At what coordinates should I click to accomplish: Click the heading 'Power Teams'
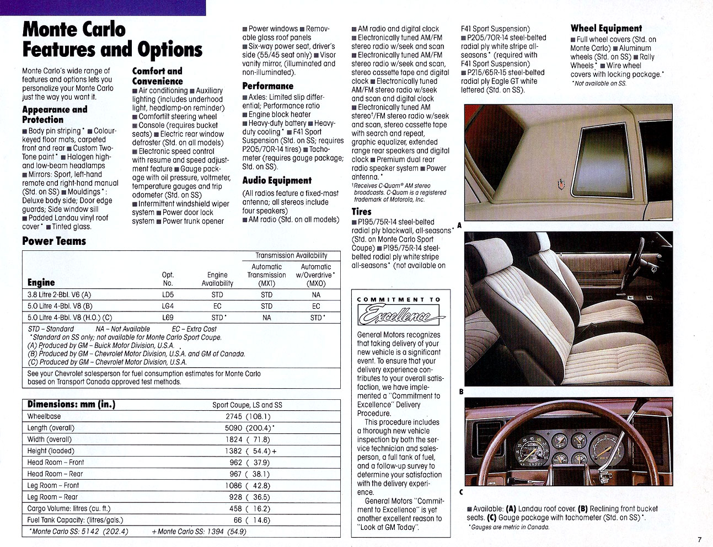(54, 241)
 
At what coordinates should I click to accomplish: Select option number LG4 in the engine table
(168, 306)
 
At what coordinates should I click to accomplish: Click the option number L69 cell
(168, 318)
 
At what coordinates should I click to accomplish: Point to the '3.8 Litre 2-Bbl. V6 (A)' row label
(60, 295)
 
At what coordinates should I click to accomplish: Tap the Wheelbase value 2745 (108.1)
(248, 417)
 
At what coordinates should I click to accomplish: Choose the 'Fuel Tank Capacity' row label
(75, 520)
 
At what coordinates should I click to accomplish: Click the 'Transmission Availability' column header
(291, 255)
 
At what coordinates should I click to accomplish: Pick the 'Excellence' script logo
(401, 315)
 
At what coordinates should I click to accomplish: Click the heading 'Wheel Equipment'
(606, 28)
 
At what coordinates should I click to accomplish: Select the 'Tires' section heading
(362, 211)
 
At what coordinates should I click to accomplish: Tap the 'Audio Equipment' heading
(277, 180)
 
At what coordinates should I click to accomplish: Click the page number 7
(699, 540)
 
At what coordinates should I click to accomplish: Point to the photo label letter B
(461, 392)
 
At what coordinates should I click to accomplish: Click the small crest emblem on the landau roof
(561, 184)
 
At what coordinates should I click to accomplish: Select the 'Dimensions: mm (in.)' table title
(71, 404)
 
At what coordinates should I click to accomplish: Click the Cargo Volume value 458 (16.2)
(250, 509)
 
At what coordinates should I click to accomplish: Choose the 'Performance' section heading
(267, 86)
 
